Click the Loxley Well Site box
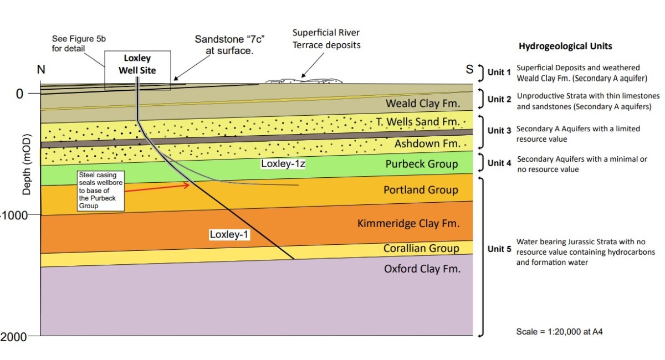pos(137,64)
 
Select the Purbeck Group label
pos(422,164)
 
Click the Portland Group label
pos(421,190)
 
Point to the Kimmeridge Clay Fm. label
pos(408,224)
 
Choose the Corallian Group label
pos(421,248)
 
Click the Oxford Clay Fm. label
pos(422,269)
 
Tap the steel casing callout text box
pos(100,191)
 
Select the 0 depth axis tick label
pos(19,94)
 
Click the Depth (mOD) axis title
pos(27,164)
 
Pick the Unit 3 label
pos(499,131)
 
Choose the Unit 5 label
pos(499,249)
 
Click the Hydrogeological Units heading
pos(565,47)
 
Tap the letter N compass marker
pos(41,70)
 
